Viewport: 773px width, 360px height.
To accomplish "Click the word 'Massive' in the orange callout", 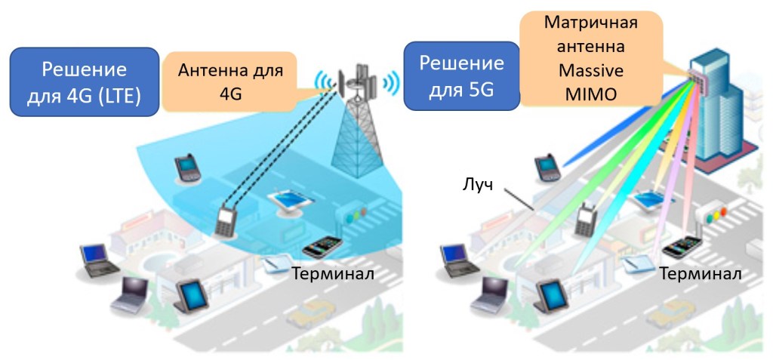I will click(x=591, y=72).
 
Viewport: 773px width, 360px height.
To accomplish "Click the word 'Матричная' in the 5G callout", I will click(x=591, y=22).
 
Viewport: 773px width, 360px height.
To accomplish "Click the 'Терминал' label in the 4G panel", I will click(x=332, y=273).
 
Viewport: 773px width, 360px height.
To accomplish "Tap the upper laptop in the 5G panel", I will click(x=457, y=257).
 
